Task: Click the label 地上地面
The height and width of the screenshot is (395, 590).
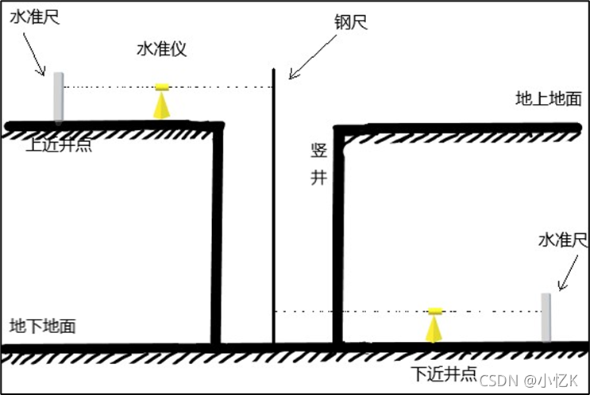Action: [x=548, y=99]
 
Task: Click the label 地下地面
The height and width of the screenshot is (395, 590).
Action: [x=43, y=326]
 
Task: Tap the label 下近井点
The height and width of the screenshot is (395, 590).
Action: [x=443, y=374]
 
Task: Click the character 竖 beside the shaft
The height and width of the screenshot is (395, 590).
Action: [x=318, y=151]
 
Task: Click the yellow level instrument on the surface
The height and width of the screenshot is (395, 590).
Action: [x=162, y=101]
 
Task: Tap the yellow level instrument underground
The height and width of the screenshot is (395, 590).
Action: [x=434, y=324]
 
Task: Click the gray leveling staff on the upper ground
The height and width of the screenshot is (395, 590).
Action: [x=58, y=97]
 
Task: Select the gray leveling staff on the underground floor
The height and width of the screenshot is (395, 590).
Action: [x=546, y=317]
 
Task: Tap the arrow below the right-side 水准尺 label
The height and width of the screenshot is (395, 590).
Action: [x=570, y=275]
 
